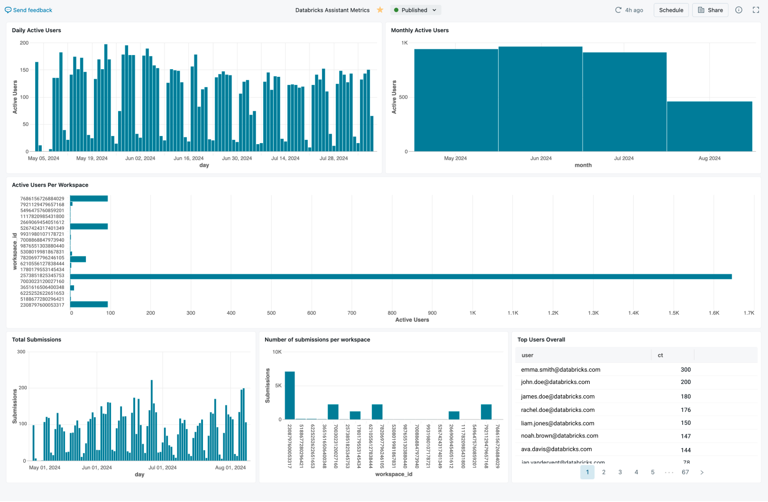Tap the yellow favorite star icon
[x=380, y=10]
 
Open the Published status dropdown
[x=415, y=10]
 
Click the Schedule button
[x=671, y=10]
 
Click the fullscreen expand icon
[x=756, y=10]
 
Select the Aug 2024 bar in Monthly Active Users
[x=709, y=127]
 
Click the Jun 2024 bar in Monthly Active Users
[x=540, y=99]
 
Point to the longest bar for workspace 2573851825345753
[x=401, y=276]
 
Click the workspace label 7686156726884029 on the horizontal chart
[x=42, y=199]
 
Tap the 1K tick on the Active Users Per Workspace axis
[x=472, y=313]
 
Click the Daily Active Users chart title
[x=37, y=30]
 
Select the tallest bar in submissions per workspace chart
[x=290, y=395]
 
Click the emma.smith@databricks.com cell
[x=560, y=370]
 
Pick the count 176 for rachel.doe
[x=685, y=410]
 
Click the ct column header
[x=660, y=355]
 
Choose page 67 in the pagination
[x=685, y=472]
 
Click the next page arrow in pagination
[x=702, y=472]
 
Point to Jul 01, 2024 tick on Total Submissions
[x=162, y=467]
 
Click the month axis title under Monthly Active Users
[x=583, y=165]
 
